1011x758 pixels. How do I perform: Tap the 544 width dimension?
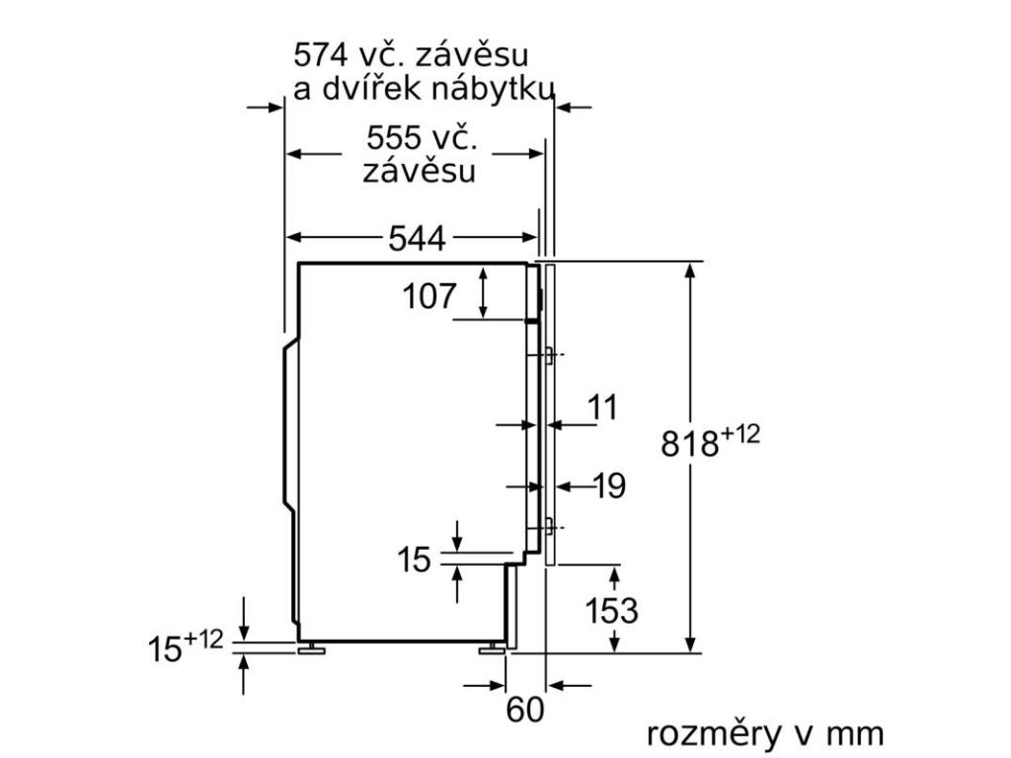point(416,238)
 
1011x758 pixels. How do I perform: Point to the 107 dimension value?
point(429,295)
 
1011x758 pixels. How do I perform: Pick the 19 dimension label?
point(610,486)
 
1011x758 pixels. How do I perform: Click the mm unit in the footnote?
point(855,734)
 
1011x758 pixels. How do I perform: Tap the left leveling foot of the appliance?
point(314,648)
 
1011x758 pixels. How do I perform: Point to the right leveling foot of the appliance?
point(490,648)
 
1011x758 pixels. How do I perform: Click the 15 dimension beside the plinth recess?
point(416,561)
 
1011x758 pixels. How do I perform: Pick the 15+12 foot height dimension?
point(186,646)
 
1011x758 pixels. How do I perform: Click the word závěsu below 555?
point(419,171)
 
